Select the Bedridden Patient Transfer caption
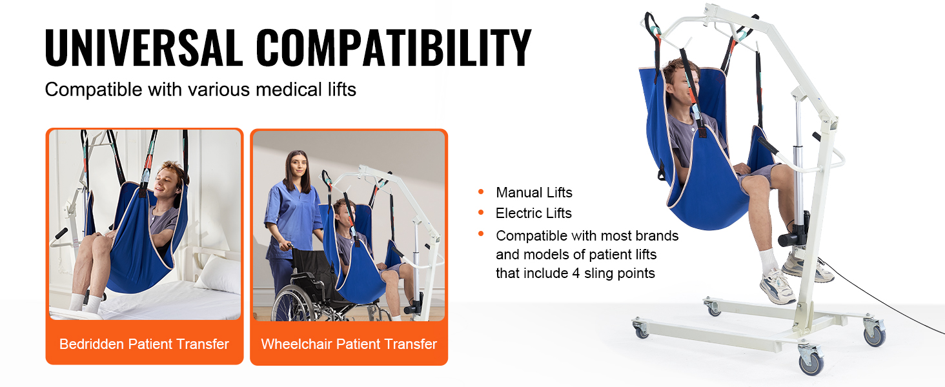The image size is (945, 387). point(144,344)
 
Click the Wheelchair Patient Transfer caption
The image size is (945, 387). point(349,344)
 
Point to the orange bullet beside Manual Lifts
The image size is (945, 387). point(481,192)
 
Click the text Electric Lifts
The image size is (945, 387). point(533,213)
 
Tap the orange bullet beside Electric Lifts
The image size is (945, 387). point(481,212)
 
